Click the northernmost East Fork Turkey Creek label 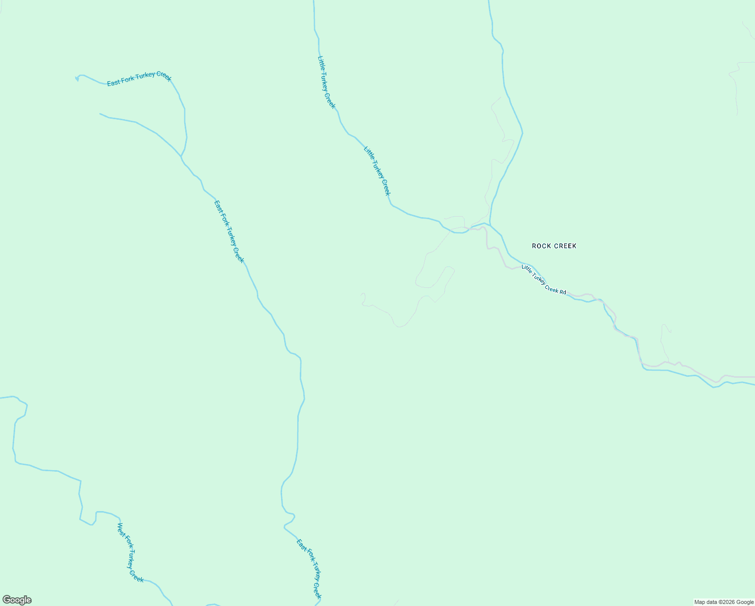139,79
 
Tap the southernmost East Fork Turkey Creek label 309,569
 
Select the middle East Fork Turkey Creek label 229,231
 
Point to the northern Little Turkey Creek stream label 326,82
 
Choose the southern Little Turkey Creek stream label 377,171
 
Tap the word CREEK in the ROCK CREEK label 565,246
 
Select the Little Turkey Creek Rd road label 544,279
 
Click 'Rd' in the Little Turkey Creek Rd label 562,291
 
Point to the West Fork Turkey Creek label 130,552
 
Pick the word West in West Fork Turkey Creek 121,530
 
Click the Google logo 17,600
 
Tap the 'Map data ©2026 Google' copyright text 724,602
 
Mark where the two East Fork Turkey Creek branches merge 181,156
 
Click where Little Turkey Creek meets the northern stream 490,225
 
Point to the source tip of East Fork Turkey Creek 77,78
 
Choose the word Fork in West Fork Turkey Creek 128,544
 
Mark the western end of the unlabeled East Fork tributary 100,114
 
